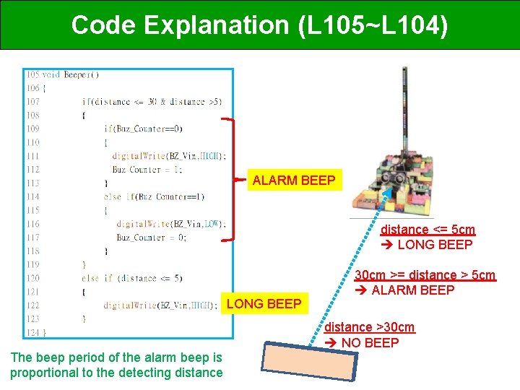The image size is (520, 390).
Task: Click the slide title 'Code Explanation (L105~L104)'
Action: pos(259,25)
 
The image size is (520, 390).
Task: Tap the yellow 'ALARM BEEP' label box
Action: pos(294,181)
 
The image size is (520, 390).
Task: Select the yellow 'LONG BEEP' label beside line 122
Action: pos(264,304)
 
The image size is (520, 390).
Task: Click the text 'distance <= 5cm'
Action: pos(428,230)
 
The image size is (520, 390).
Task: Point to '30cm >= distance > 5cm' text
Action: pos(425,275)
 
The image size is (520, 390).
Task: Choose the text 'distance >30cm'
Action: pos(369,327)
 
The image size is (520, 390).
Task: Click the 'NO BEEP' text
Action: pos(370,342)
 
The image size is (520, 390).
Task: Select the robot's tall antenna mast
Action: pos(404,108)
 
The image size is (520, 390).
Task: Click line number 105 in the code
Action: pos(32,74)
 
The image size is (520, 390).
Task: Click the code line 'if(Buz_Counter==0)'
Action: pos(144,129)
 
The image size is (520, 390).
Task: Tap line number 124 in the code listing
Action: pos(32,331)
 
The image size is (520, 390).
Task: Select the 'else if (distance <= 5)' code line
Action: pos(132,277)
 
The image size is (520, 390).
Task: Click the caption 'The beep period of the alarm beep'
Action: pos(116,357)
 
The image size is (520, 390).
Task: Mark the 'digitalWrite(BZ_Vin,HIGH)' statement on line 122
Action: pos(159,305)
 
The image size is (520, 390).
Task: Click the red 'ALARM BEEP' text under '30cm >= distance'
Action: pos(412,290)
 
